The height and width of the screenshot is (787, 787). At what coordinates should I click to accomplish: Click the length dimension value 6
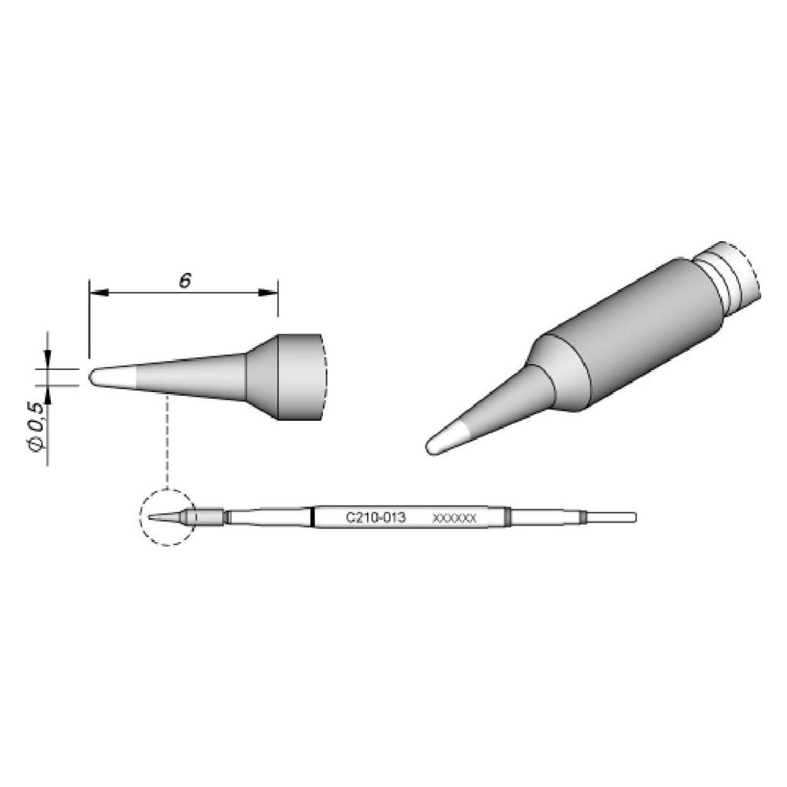pos(185,281)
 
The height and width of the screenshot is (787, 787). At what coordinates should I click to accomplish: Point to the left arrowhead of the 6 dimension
pos(99,292)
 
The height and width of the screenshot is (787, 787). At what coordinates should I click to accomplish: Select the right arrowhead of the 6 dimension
pos(268,292)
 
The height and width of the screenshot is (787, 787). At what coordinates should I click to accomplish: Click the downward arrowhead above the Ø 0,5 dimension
pos(48,359)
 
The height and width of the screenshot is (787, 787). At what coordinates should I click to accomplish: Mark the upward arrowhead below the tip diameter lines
pos(48,395)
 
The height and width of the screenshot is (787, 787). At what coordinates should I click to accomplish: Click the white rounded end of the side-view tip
pos(113,378)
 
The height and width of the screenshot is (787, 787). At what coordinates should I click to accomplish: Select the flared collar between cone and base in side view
pos(262,377)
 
